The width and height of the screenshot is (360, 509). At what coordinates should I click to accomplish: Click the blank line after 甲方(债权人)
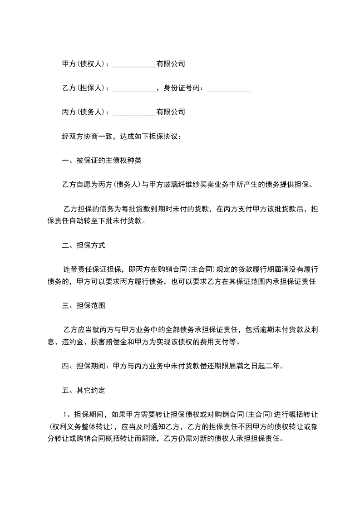point(134,64)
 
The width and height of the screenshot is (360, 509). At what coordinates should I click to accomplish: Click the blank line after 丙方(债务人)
point(134,112)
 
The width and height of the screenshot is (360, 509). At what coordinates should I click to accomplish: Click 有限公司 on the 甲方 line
point(171,64)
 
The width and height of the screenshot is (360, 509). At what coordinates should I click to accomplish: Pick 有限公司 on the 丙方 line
point(171,111)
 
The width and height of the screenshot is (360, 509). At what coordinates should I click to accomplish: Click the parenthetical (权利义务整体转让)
point(81,426)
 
